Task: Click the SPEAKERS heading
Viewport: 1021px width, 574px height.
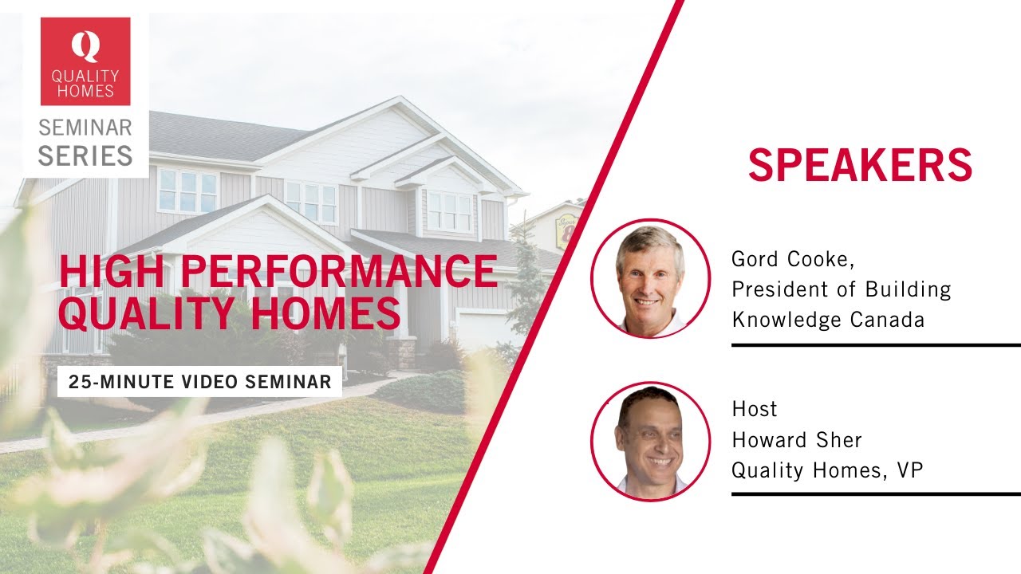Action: click(x=860, y=165)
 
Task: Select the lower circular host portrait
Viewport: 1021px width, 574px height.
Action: click(x=650, y=441)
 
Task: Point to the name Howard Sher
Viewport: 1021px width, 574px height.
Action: click(x=797, y=440)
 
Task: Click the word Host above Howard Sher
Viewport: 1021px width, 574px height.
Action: click(x=755, y=410)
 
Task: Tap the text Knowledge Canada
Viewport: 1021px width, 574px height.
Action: click(x=828, y=320)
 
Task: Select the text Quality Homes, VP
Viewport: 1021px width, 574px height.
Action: click(x=827, y=470)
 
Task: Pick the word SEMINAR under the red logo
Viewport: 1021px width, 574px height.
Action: click(x=85, y=128)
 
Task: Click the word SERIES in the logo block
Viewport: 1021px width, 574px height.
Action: click(x=85, y=155)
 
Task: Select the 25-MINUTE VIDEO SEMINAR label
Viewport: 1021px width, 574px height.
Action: click(x=199, y=382)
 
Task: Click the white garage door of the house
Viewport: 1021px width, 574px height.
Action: click(x=479, y=328)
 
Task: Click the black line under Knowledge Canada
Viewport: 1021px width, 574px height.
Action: click(x=876, y=345)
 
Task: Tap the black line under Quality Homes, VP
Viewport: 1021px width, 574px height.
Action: click(x=876, y=494)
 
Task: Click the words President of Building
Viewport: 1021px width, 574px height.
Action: click(x=841, y=289)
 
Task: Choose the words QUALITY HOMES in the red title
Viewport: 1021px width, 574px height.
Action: click(x=230, y=313)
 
